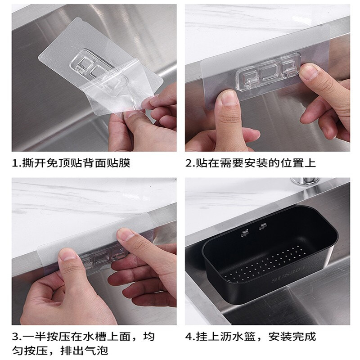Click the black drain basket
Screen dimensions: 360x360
click(270, 255)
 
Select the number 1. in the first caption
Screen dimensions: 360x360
click(17, 163)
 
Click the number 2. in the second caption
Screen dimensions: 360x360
click(190, 163)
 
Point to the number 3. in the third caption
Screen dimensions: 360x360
click(17, 337)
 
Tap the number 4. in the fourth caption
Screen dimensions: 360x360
click(190, 337)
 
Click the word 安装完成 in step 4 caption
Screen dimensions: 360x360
click(292, 337)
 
